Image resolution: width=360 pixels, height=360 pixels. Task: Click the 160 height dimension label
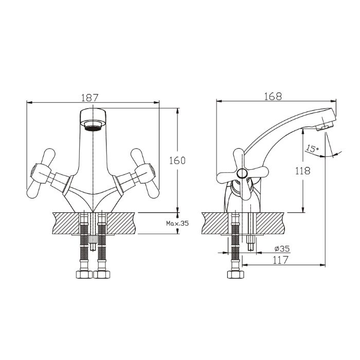pyautogui.click(x=176, y=160)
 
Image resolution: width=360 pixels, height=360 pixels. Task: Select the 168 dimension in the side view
pyautogui.click(x=273, y=96)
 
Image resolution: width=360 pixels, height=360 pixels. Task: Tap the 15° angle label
pyautogui.click(x=312, y=149)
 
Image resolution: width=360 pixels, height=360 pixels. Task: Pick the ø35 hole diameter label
pyautogui.click(x=281, y=249)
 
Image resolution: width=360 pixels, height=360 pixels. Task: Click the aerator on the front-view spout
pyautogui.click(x=93, y=125)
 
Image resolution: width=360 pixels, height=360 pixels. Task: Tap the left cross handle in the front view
pyautogui.click(x=44, y=173)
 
